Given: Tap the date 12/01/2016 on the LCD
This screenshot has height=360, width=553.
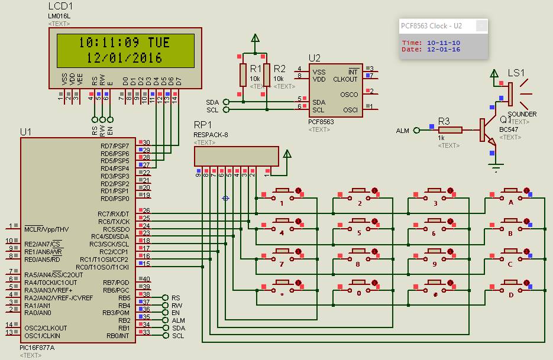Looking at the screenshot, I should tap(124, 58).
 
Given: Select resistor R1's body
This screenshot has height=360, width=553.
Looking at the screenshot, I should tap(242, 75).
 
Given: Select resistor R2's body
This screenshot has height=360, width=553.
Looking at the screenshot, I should tap(267, 75).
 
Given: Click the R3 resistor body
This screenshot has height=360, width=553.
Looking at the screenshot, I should tap(450, 130).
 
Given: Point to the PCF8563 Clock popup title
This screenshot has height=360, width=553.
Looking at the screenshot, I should tap(431, 26).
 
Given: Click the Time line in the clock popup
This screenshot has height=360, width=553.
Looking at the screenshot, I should tap(431, 43).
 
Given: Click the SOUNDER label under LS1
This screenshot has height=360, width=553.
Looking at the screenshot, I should tap(522, 114).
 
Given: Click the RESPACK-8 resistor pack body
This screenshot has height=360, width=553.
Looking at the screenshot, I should tap(236, 157).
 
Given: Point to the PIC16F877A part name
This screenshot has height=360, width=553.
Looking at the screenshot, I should tap(37, 348).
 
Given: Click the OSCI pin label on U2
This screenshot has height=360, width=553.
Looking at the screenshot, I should tap(350, 109).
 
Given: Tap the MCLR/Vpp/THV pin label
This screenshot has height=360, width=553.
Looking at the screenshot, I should tap(46, 229).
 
